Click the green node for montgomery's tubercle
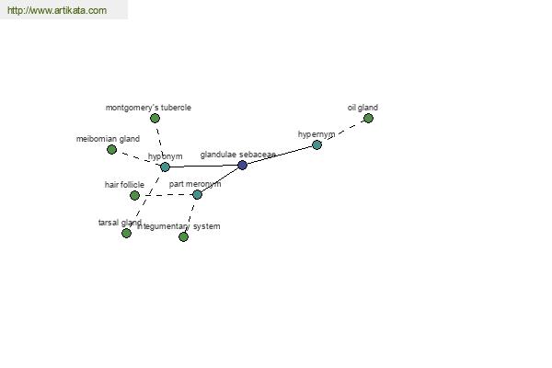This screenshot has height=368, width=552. (x=155, y=118)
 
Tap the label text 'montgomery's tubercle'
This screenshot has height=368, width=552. (x=148, y=108)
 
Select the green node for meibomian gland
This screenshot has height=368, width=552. (x=111, y=149)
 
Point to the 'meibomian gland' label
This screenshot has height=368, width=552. (x=108, y=139)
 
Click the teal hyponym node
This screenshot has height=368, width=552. (x=165, y=167)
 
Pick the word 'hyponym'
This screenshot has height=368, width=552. (x=166, y=156)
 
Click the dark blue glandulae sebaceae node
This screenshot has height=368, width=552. (x=242, y=166)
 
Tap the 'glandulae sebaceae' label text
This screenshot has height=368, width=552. (x=237, y=155)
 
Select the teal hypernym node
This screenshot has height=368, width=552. (x=316, y=144)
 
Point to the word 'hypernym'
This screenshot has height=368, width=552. (x=316, y=134)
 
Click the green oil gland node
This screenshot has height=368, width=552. (x=368, y=118)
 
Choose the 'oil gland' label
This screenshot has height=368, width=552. (x=362, y=108)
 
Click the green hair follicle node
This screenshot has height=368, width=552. (x=134, y=195)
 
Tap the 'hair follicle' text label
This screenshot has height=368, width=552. (x=124, y=185)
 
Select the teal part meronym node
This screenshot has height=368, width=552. (x=197, y=194)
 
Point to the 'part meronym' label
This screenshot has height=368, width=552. (x=195, y=184)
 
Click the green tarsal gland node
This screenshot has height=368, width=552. (x=126, y=233)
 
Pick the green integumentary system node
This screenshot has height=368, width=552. (x=183, y=236)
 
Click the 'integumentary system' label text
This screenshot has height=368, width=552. (x=179, y=226)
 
